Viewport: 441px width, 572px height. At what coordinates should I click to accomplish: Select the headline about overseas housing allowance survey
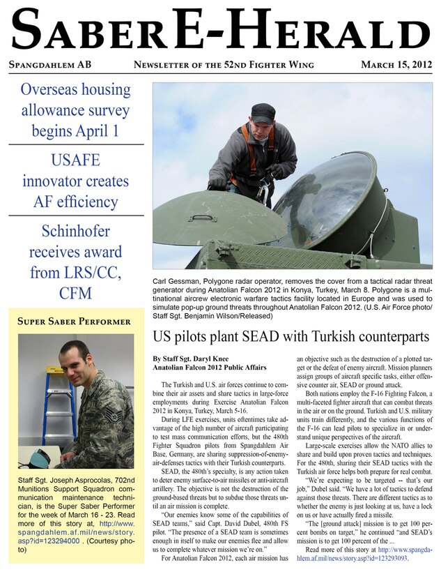tap(75, 110)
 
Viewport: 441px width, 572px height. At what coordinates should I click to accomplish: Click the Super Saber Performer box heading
tap(75, 322)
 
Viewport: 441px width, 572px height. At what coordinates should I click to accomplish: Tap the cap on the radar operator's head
tap(263, 111)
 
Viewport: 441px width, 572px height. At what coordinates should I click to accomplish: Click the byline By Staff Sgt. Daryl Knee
tap(191, 358)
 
